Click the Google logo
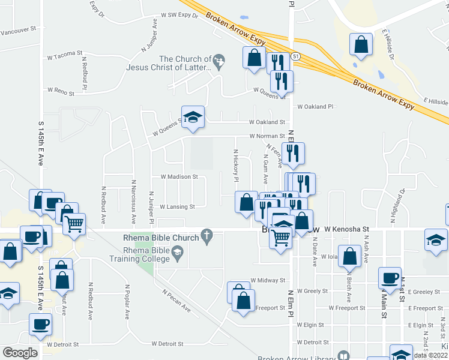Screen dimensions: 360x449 coord(19,353)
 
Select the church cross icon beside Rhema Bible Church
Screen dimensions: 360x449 coord(208,237)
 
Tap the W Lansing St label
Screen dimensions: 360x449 coord(177,206)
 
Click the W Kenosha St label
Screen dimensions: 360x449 coord(346,229)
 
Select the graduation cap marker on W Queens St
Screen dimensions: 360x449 coord(193,117)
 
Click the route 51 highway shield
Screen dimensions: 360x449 coord(295,56)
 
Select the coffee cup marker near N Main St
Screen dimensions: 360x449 coord(390,277)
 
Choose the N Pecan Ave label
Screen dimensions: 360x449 coord(176,300)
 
